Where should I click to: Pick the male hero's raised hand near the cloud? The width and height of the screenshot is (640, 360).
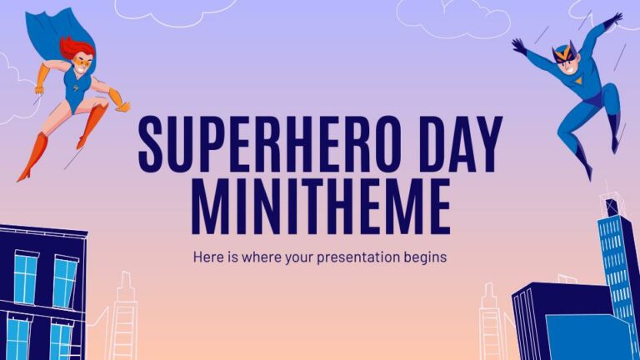615,18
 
